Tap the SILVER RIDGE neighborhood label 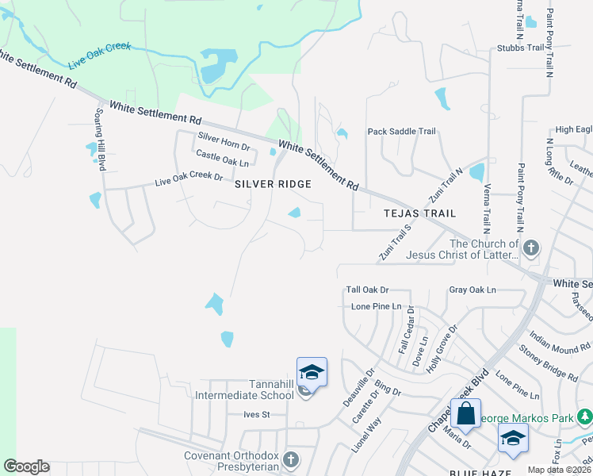tap(272, 183)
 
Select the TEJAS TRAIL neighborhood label tap(419, 213)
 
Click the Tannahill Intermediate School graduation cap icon tap(312, 373)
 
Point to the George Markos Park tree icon tap(583, 416)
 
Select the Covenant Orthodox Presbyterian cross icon tap(291, 459)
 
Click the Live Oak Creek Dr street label tap(189, 179)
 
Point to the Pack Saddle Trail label tap(401, 132)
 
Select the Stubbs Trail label tap(522, 48)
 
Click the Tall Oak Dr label tap(367, 290)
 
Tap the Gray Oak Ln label tap(472, 291)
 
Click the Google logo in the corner tap(26, 466)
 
